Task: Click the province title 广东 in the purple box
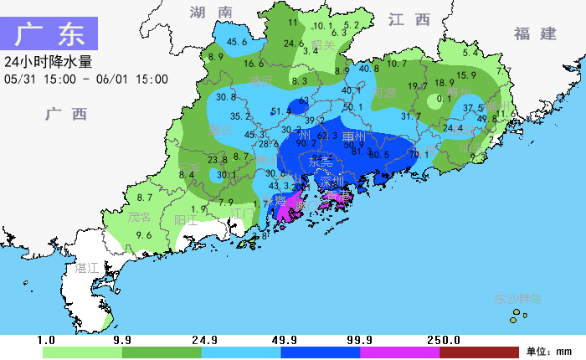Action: click(49, 35)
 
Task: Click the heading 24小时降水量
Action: click(48, 62)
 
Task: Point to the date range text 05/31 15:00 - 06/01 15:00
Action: click(85, 80)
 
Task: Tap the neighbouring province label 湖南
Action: click(210, 13)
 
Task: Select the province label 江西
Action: click(409, 19)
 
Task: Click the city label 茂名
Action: click(138, 217)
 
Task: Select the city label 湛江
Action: click(86, 268)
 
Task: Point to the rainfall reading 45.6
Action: click(237, 42)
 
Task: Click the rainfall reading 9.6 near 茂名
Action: click(144, 236)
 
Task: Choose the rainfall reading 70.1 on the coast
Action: click(419, 154)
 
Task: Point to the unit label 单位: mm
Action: click(547, 352)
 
